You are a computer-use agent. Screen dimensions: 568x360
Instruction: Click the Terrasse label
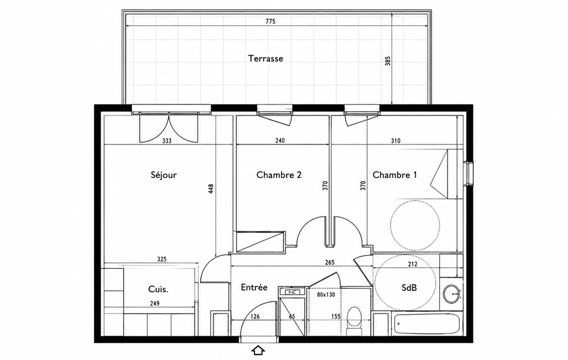[265, 58]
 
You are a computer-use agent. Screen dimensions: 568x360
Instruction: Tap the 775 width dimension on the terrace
[270, 22]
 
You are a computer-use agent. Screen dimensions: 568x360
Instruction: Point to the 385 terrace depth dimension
[388, 60]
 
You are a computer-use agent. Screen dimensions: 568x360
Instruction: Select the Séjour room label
[163, 175]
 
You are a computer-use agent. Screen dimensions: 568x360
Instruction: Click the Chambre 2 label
[279, 175]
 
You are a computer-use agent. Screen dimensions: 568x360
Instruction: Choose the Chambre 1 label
[395, 175]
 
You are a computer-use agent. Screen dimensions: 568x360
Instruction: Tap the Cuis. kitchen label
[158, 289]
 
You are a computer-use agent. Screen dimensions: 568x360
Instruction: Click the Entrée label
[254, 287]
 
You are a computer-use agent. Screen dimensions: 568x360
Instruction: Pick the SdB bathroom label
[409, 287]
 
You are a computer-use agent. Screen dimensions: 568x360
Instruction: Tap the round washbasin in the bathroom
[452, 292]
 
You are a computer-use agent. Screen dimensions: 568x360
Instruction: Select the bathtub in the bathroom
[427, 324]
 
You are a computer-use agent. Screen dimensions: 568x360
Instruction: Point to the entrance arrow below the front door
[258, 350]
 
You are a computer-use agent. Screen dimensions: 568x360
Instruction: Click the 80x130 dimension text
[326, 295]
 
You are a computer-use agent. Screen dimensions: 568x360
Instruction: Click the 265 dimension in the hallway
[330, 262]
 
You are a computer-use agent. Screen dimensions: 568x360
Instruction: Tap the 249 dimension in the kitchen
[154, 304]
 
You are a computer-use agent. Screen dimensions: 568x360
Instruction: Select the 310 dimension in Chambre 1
[396, 141]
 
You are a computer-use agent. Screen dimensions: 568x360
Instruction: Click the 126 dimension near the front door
[255, 317]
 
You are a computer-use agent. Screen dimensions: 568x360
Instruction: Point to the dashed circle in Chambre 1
[415, 225]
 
